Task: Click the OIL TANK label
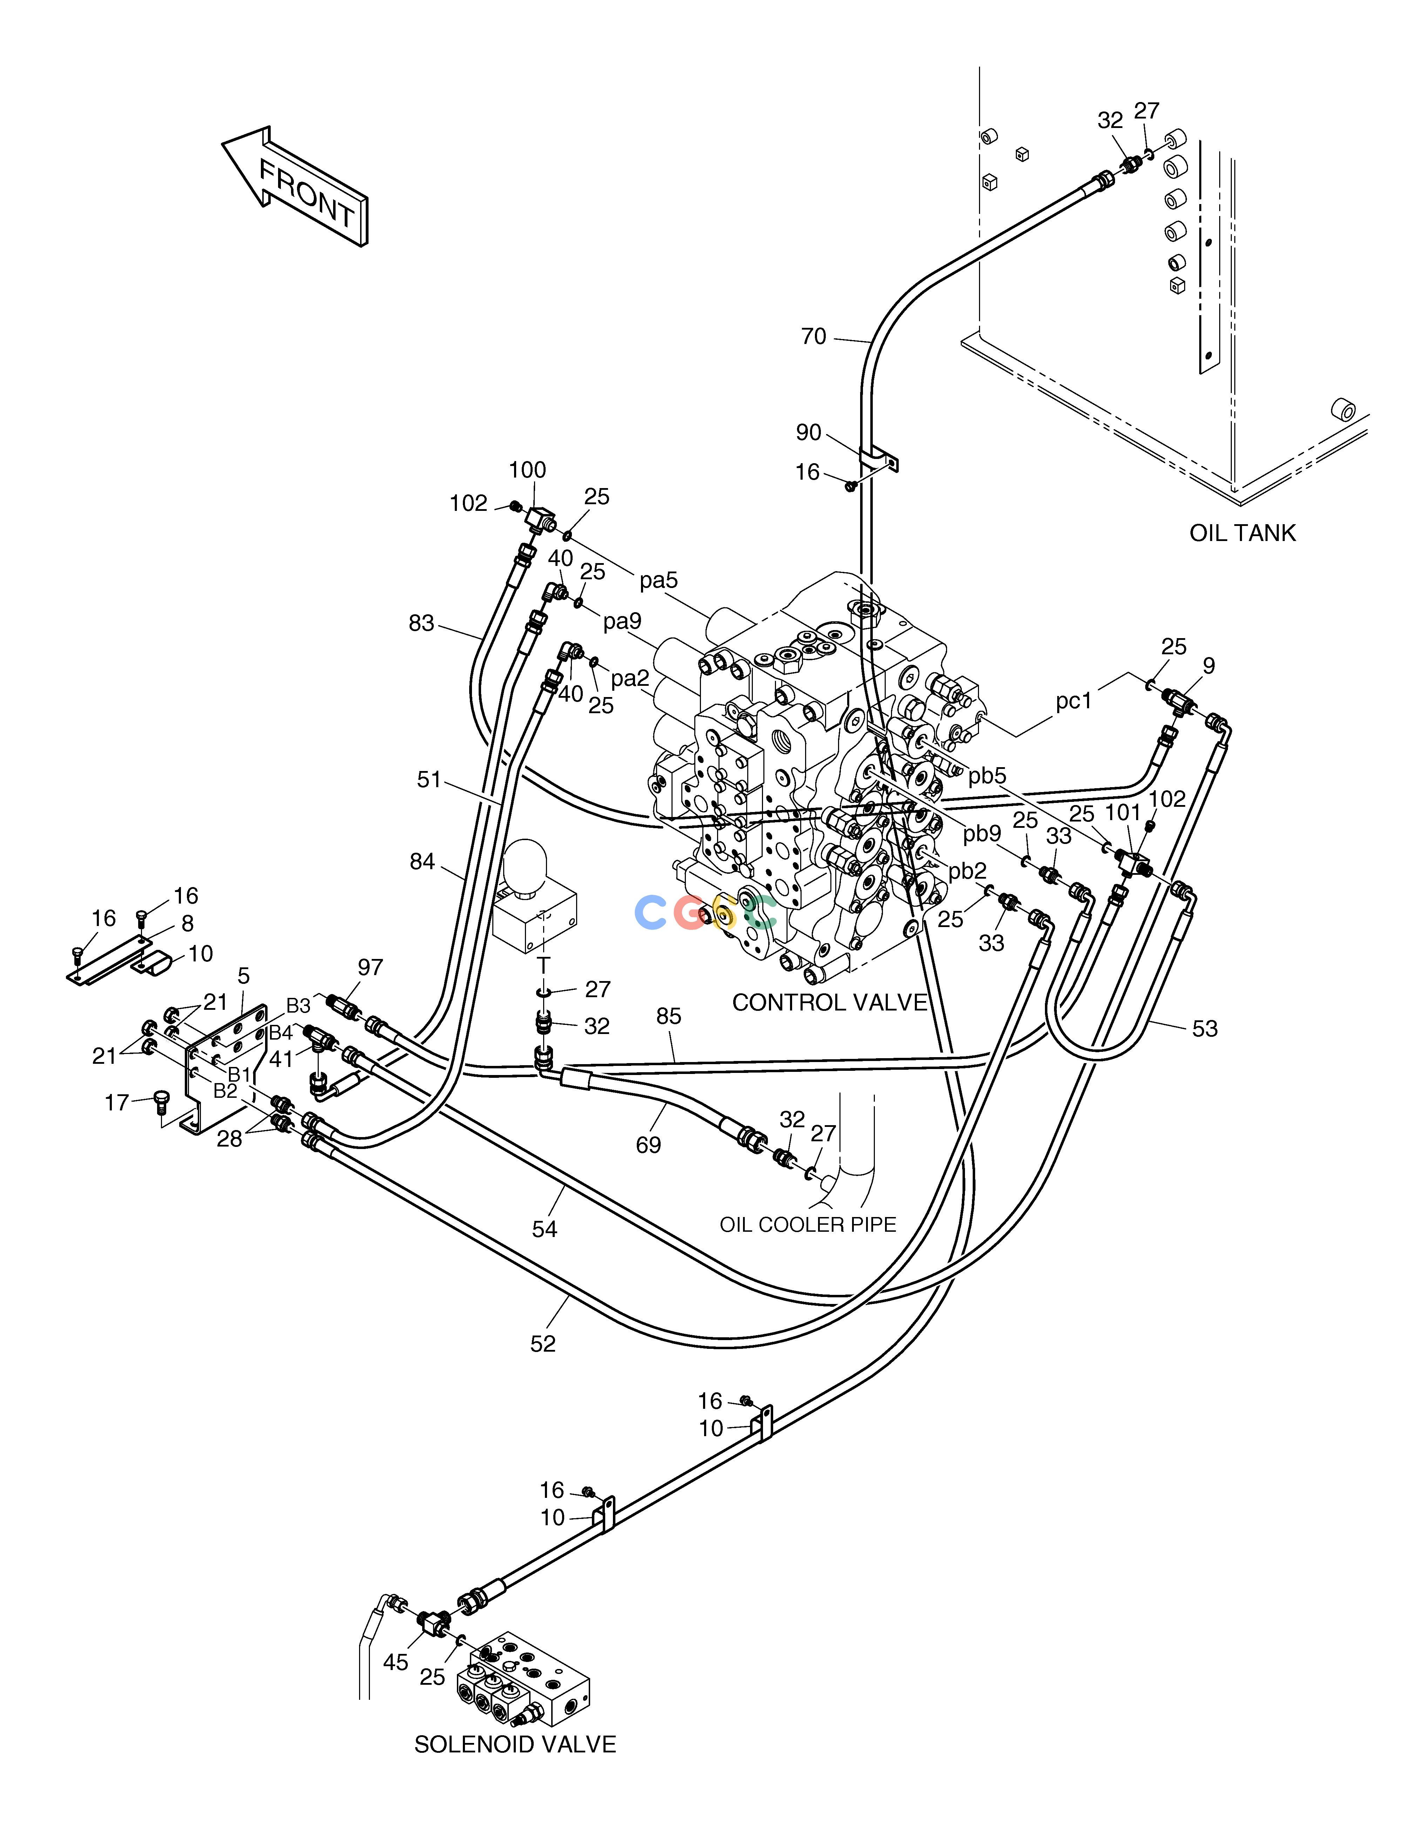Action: (1242, 533)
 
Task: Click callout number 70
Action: (813, 337)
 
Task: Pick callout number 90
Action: (808, 432)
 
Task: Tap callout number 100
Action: (527, 471)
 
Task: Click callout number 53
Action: (1204, 1029)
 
